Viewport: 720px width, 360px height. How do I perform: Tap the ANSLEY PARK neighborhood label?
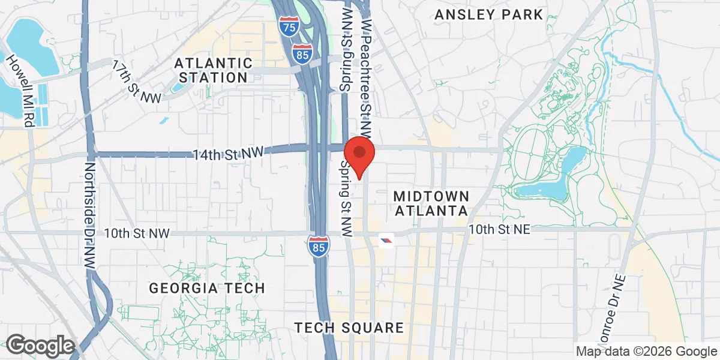(x=489, y=14)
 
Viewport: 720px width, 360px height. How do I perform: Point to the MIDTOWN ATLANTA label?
(x=430, y=203)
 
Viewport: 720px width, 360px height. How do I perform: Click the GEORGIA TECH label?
(x=207, y=288)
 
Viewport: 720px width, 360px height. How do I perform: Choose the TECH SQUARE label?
(x=349, y=328)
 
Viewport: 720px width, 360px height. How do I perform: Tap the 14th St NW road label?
(x=229, y=154)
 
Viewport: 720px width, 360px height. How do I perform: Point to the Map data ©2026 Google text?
(x=646, y=351)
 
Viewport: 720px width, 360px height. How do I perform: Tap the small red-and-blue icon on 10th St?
(x=386, y=240)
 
